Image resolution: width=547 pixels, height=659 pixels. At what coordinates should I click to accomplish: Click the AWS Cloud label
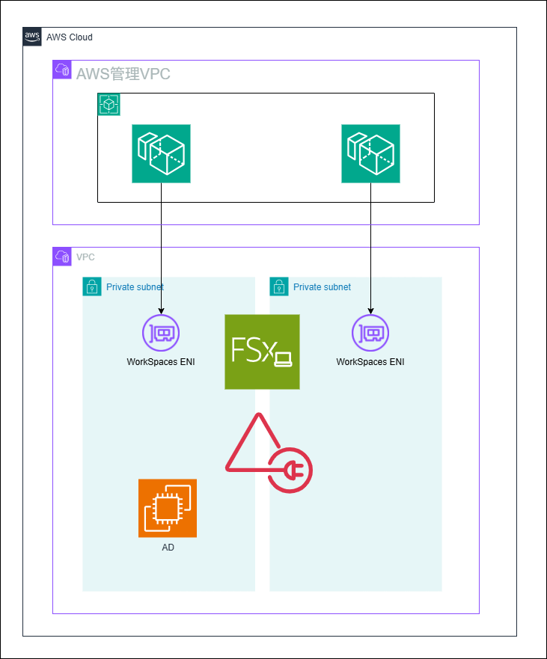click(x=70, y=37)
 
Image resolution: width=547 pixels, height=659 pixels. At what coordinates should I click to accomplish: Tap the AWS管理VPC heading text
click(x=123, y=73)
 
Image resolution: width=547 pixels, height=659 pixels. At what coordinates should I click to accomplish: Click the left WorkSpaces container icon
click(x=161, y=153)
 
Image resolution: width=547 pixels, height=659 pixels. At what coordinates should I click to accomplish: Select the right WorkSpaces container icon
click(x=370, y=153)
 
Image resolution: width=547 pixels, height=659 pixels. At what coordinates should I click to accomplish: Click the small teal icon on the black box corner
click(x=109, y=105)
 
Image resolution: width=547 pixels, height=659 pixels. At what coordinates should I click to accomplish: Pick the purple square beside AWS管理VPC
click(x=62, y=70)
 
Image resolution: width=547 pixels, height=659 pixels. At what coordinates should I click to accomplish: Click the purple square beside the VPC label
click(x=62, y=257)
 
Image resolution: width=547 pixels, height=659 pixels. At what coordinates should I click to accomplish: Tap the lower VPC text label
click(x=85, y=257)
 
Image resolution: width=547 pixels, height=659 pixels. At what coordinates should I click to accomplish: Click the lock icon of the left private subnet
click(x=91, y=286)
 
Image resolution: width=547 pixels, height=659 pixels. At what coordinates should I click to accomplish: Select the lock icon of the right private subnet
click(x=278, y=286)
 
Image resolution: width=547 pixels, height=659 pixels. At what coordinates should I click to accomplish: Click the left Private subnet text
click(x=135, y=287)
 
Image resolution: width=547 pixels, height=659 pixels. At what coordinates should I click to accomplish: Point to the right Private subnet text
click(x=322, y=287)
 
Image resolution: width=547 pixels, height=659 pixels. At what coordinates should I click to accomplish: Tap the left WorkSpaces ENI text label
click(x=161, y=362)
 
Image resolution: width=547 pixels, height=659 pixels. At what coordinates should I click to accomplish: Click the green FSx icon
click(x=262, y=352)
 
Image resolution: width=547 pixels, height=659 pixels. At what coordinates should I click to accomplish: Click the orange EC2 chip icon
click(x=168, y=508)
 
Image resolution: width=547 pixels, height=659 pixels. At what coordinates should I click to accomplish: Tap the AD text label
click(x=168, y=548)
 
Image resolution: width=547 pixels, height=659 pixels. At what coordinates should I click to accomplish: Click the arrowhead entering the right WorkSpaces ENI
click(x=370, y=310)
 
